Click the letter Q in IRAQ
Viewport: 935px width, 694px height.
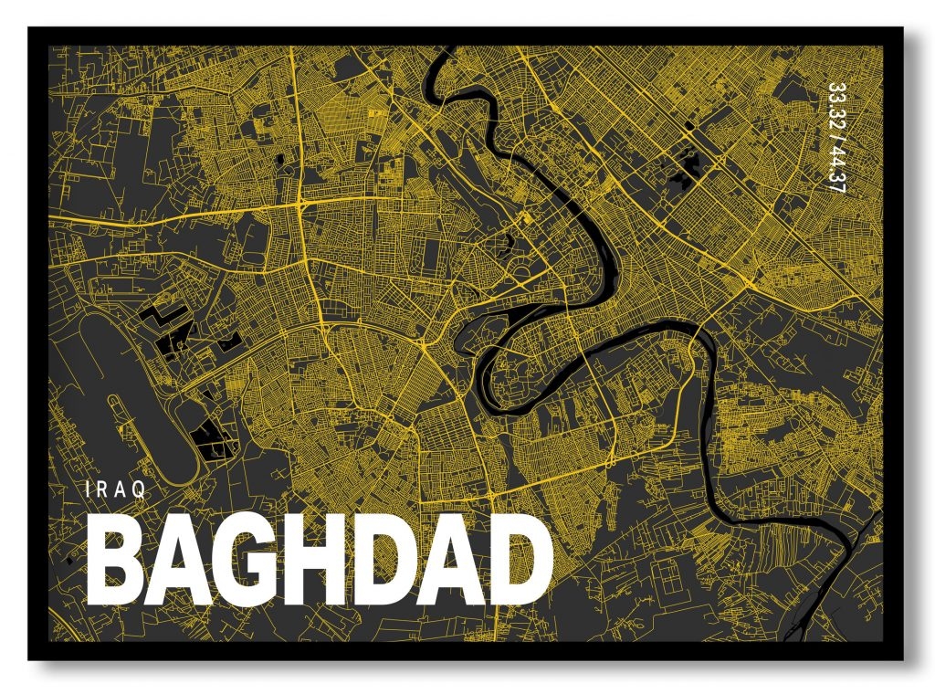click(139, 489)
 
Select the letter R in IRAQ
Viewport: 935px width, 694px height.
click(102, 489)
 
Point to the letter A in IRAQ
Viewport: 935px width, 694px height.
click(121, 489)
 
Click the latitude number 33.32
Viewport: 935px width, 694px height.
click(833, 107)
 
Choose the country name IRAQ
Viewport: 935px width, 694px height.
click(114, 489)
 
